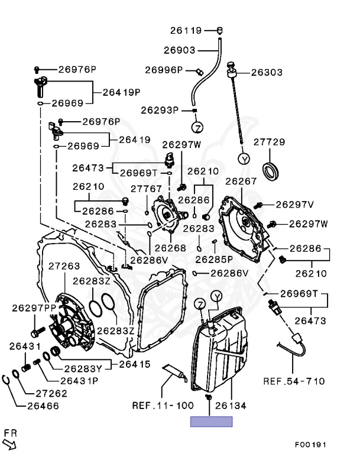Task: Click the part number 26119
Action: pyautogui.click(x=186, y=30)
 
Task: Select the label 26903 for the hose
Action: pyautogui.click(x=180, y=50)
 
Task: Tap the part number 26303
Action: pyautogui.click(x=267, y=72)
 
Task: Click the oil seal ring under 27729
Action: pyautogui.click(x=271, y=171)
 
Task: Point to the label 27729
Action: pyautogui.click(x=270, y=142)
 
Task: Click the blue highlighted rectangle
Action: pyautogui.click(x=212, y=421)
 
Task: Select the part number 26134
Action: pyautogui.click(x=231, y=406)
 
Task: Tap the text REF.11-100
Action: pyautogui.click(x=163, y=406)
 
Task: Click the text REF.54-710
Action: pyautogui.click(x=294, y=381)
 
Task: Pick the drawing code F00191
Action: pyautogui.click(x=310, y=445)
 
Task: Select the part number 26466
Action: pyautogui.click(x=43, y=406)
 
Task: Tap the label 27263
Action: pyautogui.click(x=64, y=266)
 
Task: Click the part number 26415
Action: pyautogui.click(x=135, y=364)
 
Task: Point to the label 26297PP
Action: pyautogui.click(x=34, y=308)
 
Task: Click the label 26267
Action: pyautogui.click(x=241, y=181)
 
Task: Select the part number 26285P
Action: pyautogui.click(x=214, y=260)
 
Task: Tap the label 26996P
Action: pyautogui.click(x=164, y=70)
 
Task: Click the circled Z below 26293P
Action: pyautogui.click(x=197, y=128)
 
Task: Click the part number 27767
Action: pyautogui.click(x=146, y=189)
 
